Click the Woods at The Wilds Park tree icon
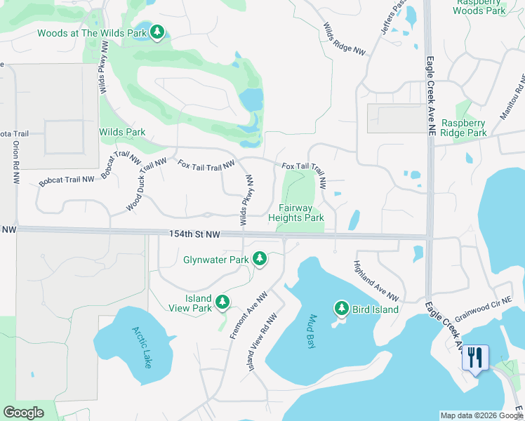157,33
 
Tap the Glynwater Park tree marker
260,260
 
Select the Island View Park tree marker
222,302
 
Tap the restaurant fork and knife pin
475,358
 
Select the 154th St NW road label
194,235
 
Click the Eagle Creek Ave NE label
430,91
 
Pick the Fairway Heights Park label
296,213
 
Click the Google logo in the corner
23,413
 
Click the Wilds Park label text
122,132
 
